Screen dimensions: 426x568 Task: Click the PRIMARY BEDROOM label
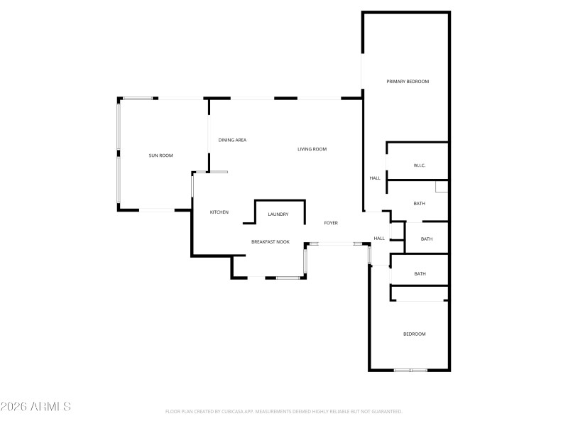(408, 82)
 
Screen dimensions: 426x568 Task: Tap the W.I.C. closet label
(419, 165)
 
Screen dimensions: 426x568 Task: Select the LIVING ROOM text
(312, 149)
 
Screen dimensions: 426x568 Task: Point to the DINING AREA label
(232, 140)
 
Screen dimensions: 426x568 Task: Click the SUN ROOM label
(160, 155)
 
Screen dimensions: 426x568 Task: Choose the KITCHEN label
(219, 212)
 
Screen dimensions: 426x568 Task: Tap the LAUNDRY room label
(278, 214)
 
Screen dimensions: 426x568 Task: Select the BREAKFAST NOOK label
(271, 242)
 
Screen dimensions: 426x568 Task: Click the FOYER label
(331, 223)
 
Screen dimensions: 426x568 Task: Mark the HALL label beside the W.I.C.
(375, 178)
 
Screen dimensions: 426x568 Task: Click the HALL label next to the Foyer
(379, 239)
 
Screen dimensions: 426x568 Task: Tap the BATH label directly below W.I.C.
(420, 204)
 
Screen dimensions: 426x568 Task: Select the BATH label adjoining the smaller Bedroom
(420, 273)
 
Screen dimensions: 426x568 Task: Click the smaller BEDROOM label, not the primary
(415, 334)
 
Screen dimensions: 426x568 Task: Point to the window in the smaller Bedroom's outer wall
(411, 370)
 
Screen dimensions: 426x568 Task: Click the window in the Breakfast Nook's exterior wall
(287, 278)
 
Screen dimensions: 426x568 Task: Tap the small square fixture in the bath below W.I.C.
(442, 187)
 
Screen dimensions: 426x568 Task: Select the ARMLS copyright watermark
(35, 407)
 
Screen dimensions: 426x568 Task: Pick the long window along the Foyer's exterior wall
(337, 244)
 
